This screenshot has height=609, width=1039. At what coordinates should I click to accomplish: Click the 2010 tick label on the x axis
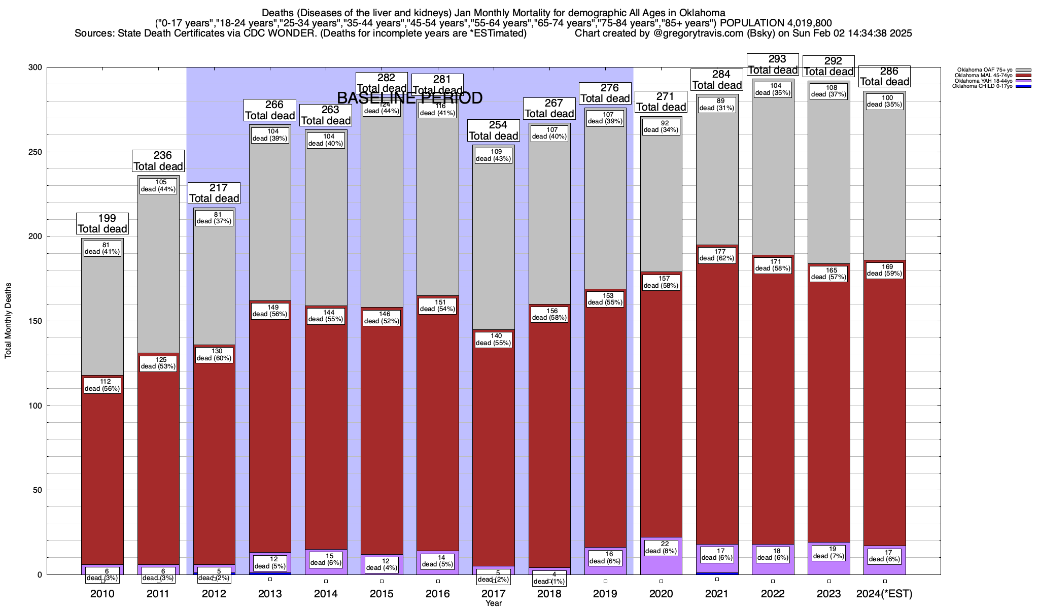coord(102,594)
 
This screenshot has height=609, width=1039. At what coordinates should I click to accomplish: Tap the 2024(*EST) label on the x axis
coord(884,594)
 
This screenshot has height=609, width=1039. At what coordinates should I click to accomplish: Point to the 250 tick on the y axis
coord(37,152)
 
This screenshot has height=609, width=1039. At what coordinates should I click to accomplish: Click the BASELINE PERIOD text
coord(409,98)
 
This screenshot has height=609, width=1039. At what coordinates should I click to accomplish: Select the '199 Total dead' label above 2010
coord(102,224)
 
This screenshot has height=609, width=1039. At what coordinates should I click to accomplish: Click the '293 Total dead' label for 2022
coord(773,65)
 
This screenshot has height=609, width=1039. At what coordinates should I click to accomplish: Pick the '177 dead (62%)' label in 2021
coord(717,255)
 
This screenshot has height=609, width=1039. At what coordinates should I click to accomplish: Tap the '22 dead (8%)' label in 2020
coord(661,548)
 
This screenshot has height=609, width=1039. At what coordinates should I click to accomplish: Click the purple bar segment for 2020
coord(661,563)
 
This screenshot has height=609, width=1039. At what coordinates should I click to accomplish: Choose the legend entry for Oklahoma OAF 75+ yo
coord(985,70)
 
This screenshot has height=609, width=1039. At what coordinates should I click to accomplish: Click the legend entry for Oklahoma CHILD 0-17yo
coord(985,86)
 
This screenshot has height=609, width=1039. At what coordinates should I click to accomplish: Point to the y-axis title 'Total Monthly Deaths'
coord(8,321)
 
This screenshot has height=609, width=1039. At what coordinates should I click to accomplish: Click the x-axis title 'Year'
coord(493,603)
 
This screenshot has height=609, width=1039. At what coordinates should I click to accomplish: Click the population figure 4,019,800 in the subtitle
coord(806,23)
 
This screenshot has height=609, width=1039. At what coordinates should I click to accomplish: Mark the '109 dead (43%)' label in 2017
coord(494,155)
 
